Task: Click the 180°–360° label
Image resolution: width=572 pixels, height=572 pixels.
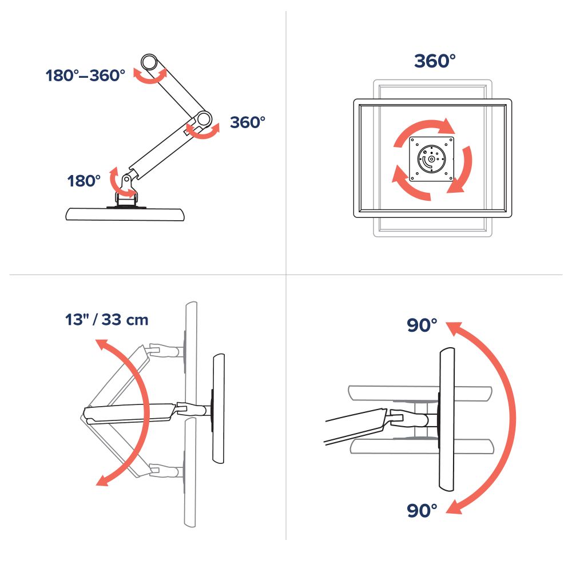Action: [85, 76]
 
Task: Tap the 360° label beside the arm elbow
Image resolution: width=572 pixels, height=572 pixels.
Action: [247, 122]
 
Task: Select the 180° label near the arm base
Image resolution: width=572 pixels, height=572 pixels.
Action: [84, 181]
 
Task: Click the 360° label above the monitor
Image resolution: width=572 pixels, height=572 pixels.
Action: [435, 61]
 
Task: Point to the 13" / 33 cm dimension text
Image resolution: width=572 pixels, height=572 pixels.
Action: [107, 320]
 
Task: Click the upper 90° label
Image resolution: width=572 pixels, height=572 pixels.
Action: [422, 325]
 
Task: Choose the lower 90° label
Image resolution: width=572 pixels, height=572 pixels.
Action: [422, 510]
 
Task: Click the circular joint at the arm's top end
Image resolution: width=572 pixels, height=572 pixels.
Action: [149, 61]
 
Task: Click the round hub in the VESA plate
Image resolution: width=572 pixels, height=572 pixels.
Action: [431, 158]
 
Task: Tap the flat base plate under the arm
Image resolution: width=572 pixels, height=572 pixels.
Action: [125, 214]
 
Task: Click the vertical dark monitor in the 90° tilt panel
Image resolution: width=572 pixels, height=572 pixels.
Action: [447, 419]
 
